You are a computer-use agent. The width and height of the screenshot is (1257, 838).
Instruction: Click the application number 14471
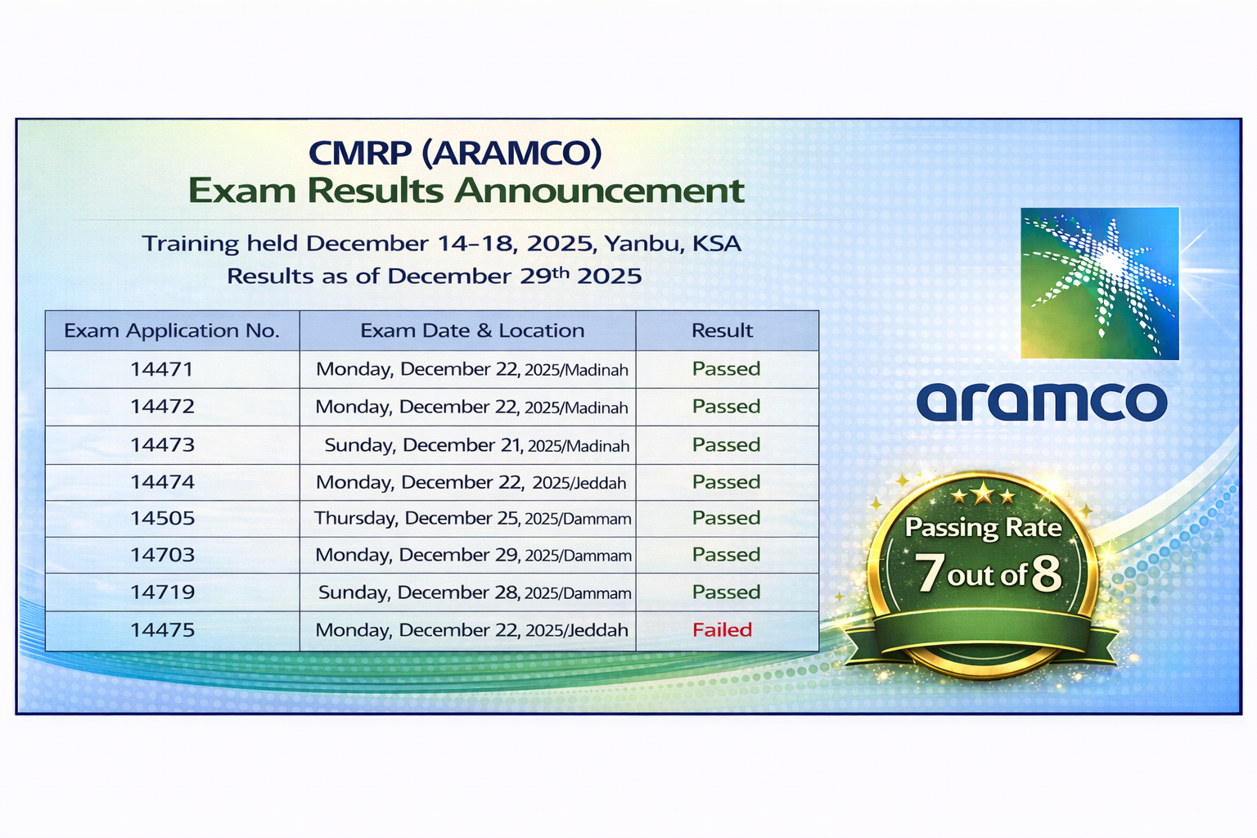[161, 369]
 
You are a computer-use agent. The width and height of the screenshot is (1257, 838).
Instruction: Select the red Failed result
[723, 630]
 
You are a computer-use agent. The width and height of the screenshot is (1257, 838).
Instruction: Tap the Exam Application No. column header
[172, 331]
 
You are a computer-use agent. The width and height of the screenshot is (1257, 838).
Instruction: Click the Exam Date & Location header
[472, 331]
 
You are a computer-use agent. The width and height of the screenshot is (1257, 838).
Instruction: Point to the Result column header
[723, 331]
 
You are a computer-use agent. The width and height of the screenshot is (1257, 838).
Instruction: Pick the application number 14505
[162, 518]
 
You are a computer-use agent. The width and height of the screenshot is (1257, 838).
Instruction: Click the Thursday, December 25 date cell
[472, 518]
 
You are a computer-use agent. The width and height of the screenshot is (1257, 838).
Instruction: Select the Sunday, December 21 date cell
[477, 445]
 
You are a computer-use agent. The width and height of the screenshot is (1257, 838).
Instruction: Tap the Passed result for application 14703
[726, 555]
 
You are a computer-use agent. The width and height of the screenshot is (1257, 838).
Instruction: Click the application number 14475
[162, 630]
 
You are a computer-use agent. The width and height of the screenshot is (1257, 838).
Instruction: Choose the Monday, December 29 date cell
[473, 555]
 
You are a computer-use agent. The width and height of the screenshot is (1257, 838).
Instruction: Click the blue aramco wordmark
[1042, 401]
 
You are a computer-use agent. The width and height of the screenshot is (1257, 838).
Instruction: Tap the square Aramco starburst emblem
[1100, 283]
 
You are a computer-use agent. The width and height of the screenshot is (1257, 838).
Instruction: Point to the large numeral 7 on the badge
[930, 573]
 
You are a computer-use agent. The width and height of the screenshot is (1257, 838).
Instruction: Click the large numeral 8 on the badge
[1047, 574]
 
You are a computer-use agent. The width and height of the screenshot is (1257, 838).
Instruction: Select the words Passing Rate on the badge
[983, 528]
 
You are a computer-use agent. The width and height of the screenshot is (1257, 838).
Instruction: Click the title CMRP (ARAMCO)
[455, 153]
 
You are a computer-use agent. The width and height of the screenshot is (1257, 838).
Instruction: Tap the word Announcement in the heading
[599, 191]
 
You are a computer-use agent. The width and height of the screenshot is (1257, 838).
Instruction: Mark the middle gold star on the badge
[983, 494]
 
